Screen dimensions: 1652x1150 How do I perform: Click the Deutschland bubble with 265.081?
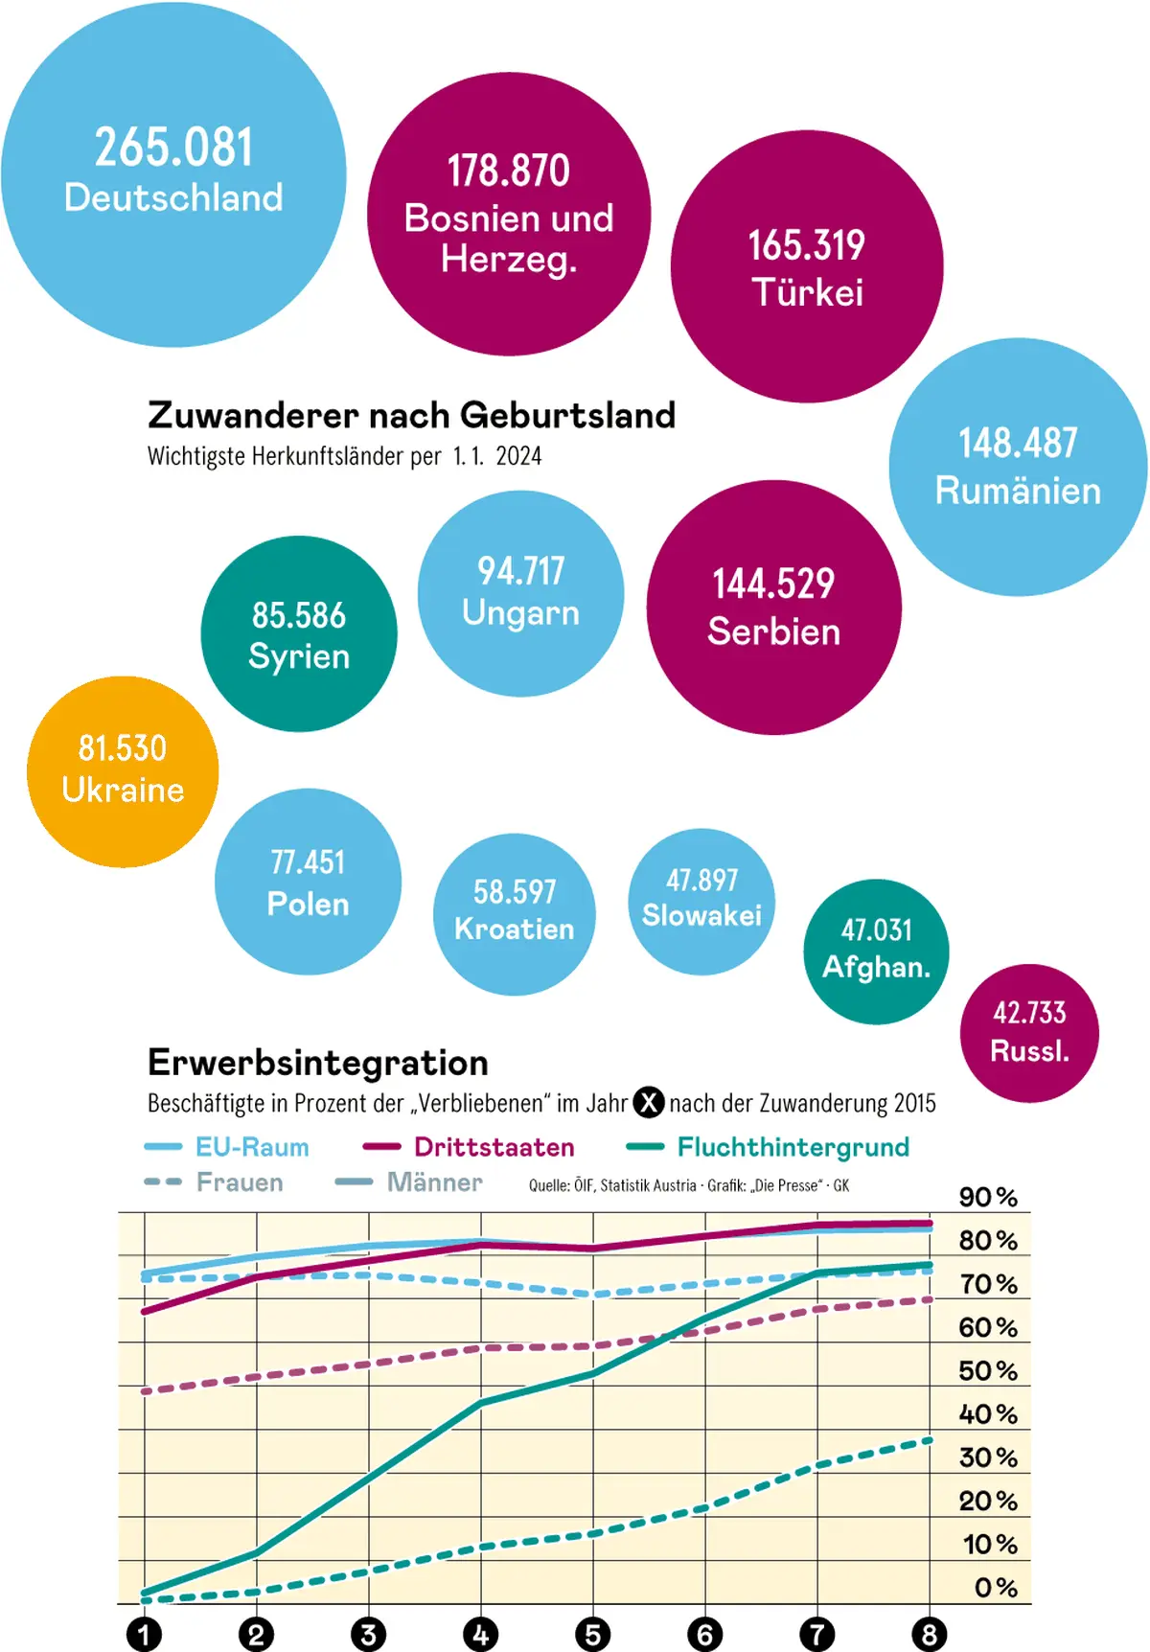pyautogui.click(x=173, y=174)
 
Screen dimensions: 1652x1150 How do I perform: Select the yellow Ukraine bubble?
pyautogui.click(x=123, y=771)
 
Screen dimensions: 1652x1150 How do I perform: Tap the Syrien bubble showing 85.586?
pyautogui.click(x=299, y=634)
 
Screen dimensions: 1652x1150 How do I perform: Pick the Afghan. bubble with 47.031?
pyautogui.click(x=876, y=952)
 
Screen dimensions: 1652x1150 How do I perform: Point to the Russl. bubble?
pyautogui.click(x=1029, y=1033)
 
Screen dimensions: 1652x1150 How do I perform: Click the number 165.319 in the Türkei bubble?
pyautogui.click(x=807, y=245)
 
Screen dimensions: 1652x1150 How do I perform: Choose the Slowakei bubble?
pyautogui.click(x=701, y=901)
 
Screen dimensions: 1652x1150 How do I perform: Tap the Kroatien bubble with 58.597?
pyautogui.click(x=515, y=914)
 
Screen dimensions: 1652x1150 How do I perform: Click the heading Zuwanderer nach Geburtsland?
pyautogui.click(x=412, y=415)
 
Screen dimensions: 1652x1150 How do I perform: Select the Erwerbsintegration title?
pyautogui.click(x=318, y=1063)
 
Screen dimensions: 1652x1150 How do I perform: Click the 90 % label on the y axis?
pyautogui.click(x=988, y=1197)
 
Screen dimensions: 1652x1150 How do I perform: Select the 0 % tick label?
pyautogui.click(x=995, y=1588)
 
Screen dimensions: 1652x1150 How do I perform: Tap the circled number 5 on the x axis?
pyautogui.click(x=593, y=1634)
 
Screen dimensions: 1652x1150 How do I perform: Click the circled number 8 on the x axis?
pyautogui.click(x=930, y=1634)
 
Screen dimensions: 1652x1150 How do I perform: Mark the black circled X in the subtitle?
pyautogui.click(x=649, y=1103)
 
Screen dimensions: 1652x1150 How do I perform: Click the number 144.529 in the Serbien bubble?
pyautogui.click(x=773, y=584)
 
